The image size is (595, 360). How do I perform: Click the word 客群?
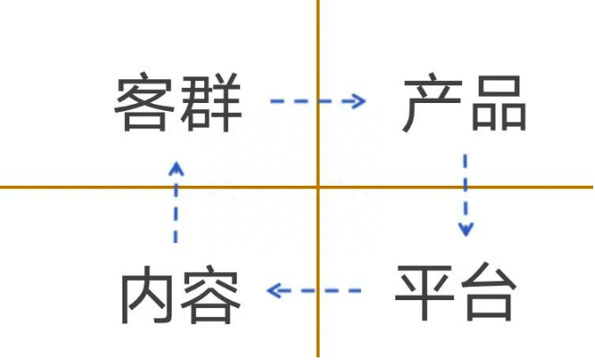178,102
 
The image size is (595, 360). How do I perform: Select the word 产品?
465,102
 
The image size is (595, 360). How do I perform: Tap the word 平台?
455,291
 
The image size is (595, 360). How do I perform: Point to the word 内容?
180,294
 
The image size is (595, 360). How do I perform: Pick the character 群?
211,102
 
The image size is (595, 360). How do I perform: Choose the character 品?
499,102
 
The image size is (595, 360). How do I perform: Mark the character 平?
424,291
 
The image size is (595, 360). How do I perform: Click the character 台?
488,291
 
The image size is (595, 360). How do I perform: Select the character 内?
144,294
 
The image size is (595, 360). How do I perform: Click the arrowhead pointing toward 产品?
359,101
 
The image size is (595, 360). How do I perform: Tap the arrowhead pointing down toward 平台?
466,230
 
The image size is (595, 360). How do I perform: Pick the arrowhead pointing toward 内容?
273,291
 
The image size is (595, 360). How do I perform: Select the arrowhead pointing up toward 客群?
176,168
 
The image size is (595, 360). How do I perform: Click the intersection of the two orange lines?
318,187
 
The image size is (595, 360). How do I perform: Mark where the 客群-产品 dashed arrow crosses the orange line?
318,101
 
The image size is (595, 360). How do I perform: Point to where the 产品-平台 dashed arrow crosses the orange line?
466,187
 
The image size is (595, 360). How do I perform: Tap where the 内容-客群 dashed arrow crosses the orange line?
176,187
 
